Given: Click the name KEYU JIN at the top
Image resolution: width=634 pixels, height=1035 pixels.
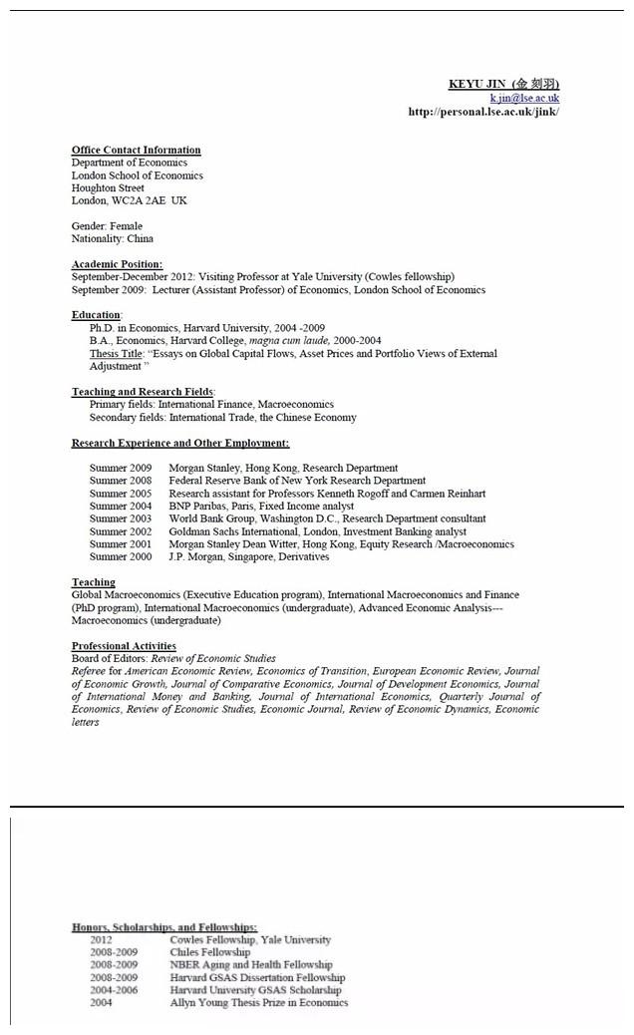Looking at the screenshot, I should [x=477, y=84].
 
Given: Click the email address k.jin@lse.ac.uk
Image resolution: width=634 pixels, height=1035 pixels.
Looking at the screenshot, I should [x=524, y=98].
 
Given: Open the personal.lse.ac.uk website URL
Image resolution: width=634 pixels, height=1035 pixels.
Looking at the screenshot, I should [x=483, y=112].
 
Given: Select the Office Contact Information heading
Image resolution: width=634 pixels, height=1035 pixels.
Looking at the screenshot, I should [x=137, y=151].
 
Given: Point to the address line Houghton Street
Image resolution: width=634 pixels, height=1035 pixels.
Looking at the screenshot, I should [x=108, y=188].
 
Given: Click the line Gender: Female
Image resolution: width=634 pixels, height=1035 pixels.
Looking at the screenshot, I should [x=107, y=226].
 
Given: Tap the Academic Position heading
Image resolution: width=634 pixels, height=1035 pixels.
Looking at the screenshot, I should [x=117, y=264].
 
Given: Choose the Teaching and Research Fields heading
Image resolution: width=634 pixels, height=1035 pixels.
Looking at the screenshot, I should [x=143, y=392].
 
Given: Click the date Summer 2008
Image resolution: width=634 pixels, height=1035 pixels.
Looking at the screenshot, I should [x=121, y=481].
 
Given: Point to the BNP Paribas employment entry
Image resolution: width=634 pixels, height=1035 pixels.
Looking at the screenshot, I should [x=261, y=507].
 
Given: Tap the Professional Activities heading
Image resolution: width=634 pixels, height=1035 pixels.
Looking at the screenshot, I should [x=124, y=646].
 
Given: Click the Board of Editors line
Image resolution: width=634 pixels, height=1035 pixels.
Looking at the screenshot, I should [x=173, y=659].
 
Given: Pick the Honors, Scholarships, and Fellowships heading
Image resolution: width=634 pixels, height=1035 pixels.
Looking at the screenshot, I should [x=164, y=927].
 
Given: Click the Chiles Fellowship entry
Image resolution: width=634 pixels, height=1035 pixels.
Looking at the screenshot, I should [x=210, y=952].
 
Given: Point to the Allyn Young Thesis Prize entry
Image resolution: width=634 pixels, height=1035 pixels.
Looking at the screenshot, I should [x=259, y=1003].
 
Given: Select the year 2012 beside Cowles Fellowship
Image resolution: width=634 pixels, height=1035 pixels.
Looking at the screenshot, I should [x=101, y=939].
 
